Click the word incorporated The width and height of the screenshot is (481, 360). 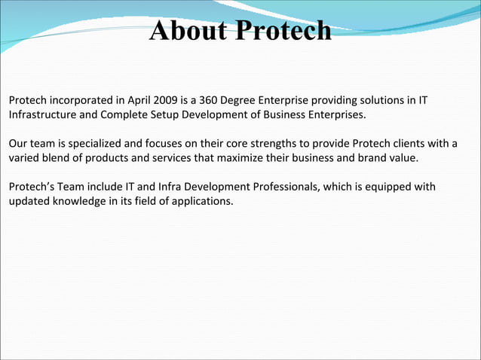[x=78, y=100]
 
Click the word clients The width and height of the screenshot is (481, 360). [x=413, y=144]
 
